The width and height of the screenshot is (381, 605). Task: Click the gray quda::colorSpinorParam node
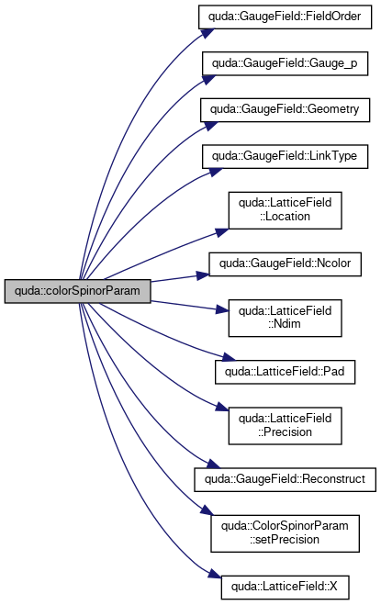(78, 291)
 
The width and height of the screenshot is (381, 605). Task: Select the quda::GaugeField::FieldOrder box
(285, 17)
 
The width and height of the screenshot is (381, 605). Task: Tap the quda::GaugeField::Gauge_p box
(285, 63)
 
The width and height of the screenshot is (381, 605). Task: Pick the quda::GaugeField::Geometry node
(285, 110)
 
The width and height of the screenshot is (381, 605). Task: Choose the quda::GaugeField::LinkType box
(285, 156)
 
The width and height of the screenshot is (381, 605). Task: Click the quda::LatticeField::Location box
(285, 210)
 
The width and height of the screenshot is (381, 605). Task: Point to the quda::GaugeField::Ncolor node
(285, 263)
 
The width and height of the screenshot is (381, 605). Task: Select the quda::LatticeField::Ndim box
(285, 318)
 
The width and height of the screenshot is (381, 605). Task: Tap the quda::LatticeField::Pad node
(285, 372)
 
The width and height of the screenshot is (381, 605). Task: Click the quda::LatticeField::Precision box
(285, 426)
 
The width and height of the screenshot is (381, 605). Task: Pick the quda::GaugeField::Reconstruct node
(285, 479)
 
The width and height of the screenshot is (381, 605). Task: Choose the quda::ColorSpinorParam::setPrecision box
(285, 533)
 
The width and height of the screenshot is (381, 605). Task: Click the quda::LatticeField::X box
(285, 588)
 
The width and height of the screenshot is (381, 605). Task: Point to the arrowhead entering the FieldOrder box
(207, 32)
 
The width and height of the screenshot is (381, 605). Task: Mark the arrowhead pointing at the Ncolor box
(203, 275)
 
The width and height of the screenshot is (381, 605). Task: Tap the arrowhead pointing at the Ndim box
(222, 309)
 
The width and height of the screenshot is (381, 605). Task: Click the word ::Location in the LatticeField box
(285, 217)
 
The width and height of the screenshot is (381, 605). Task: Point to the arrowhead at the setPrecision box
(206, 510)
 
